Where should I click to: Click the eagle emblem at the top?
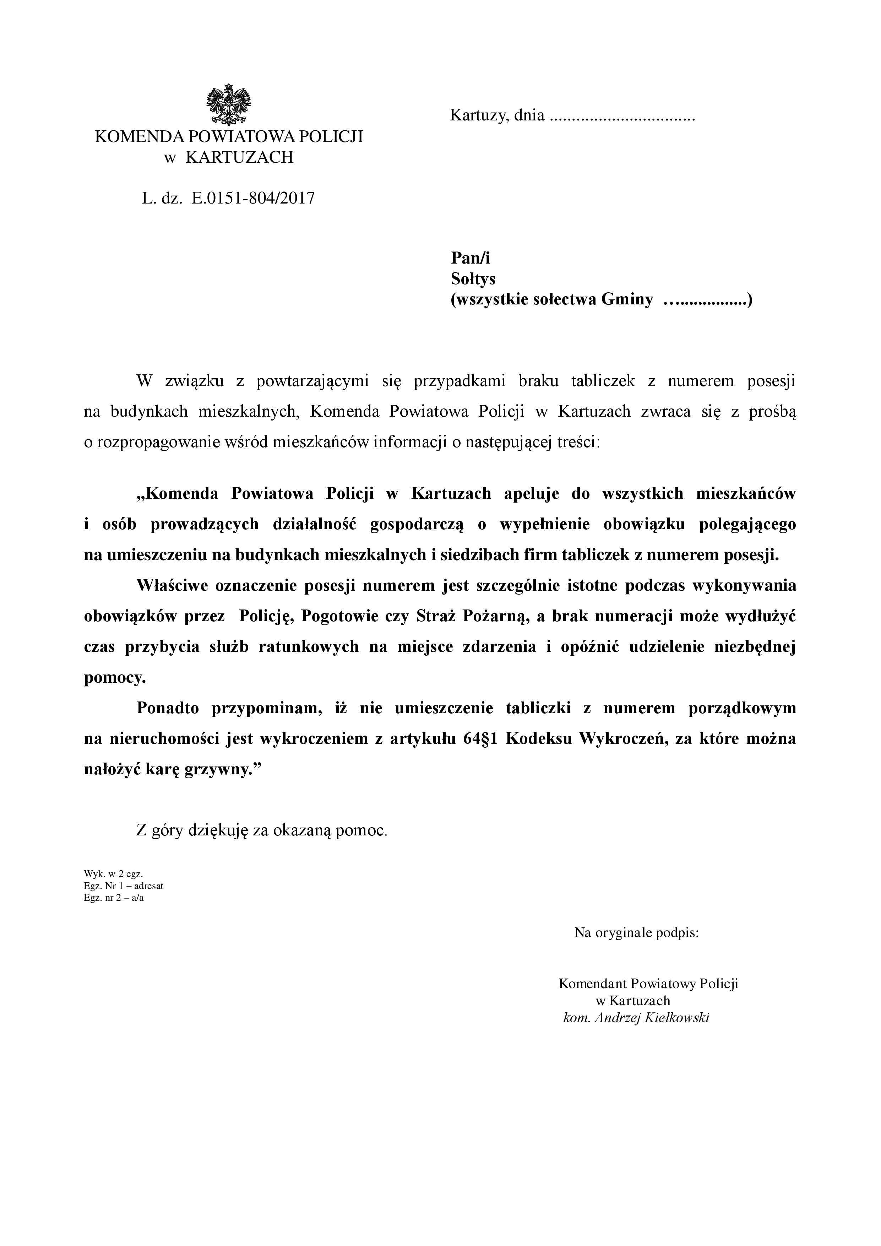(x=229, y=105)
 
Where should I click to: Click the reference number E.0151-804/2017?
(x=253, y=198)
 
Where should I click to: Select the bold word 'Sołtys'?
(x=473, y=279)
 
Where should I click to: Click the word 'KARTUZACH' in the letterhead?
(x=239, y=157)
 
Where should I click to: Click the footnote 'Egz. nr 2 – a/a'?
(x=114, y=898)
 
